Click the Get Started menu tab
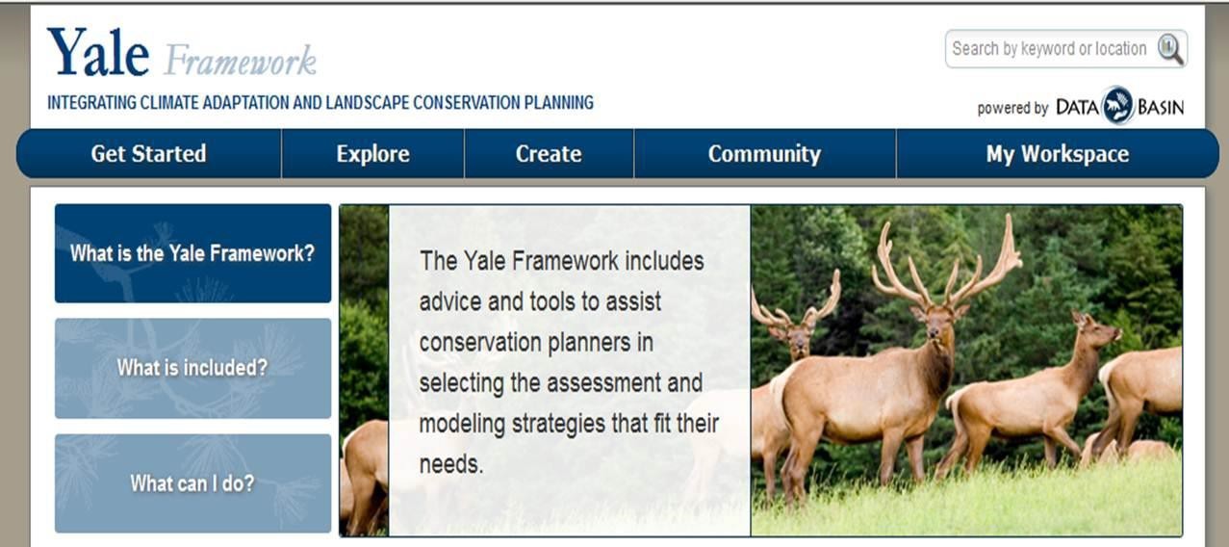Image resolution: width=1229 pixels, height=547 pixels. (x=148, y=154)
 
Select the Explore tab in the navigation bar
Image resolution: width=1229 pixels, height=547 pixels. (x=372, y=154)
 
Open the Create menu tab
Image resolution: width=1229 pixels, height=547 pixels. (x=549, y=154)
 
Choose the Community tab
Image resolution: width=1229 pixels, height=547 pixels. (x=764, y=154)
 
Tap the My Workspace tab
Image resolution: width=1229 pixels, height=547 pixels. (x=1057, y=154)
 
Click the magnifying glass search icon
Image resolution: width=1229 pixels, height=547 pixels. (x=1169, y=49)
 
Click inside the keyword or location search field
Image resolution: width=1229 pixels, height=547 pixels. (x=1049, y=49)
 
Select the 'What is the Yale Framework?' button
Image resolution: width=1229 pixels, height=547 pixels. (x=192, y=254)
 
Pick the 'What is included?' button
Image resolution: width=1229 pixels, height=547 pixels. (x=192, y=368)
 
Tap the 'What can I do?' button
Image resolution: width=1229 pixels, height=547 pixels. (x=192, y=482)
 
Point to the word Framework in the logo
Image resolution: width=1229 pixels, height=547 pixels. (x=240, y=61)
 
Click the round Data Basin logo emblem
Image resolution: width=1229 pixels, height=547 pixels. (x=1117, y=106)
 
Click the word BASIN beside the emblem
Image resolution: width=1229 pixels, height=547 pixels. (x=1161, y=107)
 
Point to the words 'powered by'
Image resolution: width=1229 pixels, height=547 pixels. (x=1012, y=108)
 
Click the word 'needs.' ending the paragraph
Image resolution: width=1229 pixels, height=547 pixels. (x=450, y=464)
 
